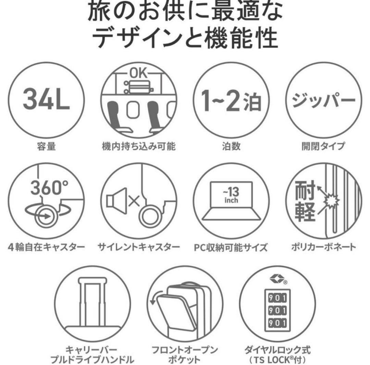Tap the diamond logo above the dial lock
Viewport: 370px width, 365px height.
(277, 279)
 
